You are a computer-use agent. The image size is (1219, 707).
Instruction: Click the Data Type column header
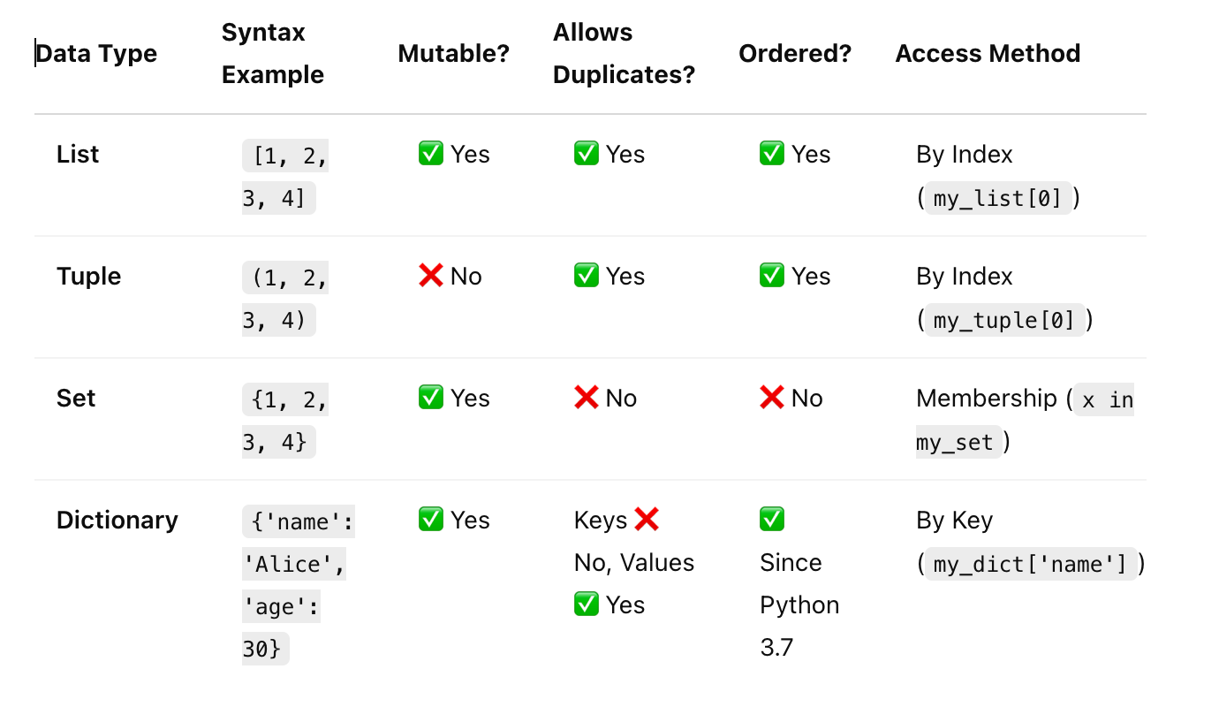(96, 54)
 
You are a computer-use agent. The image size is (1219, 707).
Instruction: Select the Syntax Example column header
(272, 54)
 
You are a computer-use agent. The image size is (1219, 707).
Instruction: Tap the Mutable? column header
(454, 54)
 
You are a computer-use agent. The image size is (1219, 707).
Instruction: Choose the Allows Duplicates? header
(624, 54)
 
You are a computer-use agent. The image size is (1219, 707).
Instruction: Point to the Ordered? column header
(795, 54)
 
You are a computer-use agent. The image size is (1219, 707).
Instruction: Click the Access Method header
(988, 54)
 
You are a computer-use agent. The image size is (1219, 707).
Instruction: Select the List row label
(78, 155)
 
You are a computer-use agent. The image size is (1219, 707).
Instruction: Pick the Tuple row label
(88, 277)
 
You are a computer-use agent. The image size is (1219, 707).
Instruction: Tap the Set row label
(76, 399)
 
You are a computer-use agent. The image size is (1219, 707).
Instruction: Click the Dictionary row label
(117, 521)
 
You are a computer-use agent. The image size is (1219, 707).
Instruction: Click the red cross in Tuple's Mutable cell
(431, 277)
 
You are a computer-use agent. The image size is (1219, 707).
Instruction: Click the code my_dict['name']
(1030, 564)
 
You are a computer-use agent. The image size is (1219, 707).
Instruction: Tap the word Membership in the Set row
(987, 399)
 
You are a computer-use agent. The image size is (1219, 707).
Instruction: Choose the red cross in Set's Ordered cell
(772, 399)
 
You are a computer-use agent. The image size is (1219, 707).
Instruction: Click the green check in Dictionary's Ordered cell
(772, 520)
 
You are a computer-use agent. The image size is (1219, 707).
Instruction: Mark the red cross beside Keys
(647, 520)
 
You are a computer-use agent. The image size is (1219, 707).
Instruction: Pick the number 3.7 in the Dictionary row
(776, 648)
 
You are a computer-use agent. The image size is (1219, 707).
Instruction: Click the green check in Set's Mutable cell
(431, 399)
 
